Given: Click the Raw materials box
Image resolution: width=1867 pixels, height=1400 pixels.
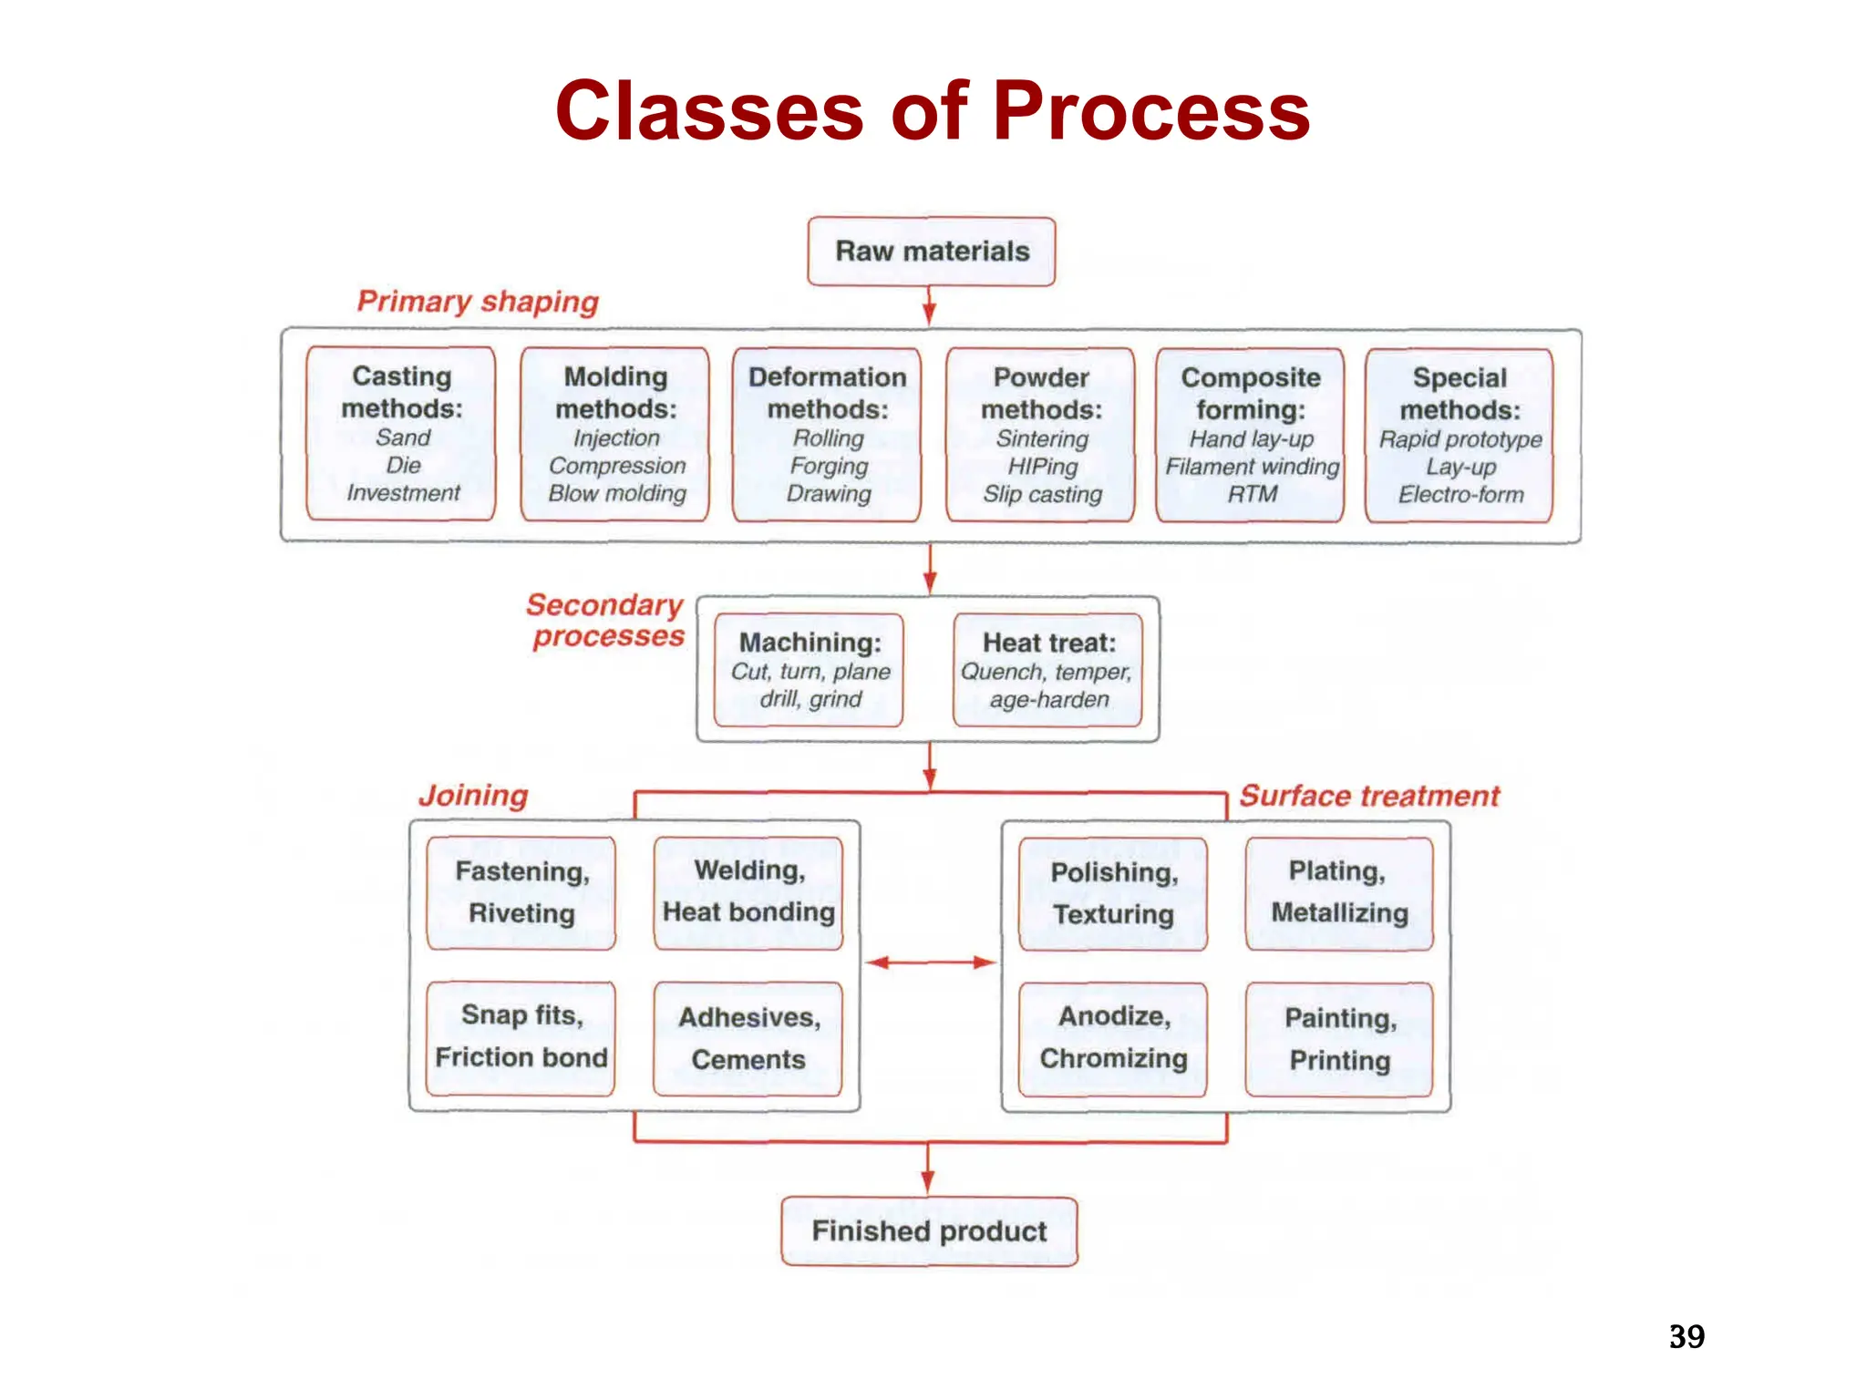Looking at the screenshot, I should [931, 252].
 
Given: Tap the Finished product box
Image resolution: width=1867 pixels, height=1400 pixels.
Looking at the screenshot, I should [929, 1231].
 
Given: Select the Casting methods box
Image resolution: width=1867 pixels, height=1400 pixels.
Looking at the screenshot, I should [401, 433].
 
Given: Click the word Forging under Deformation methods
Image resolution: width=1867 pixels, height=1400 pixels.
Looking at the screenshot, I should [829, 466].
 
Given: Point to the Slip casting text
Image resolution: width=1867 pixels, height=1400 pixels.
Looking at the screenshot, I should [1042, 494].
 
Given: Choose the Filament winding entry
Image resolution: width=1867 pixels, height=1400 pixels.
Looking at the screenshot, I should [1252, 467].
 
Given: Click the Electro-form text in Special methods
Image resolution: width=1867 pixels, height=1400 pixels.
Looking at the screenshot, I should [1460, 495].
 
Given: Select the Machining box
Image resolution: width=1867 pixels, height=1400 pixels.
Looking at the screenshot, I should [810, 670].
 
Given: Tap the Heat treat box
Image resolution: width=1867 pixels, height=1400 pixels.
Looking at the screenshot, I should [1047, 670].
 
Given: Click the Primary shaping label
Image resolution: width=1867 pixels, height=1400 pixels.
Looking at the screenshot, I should [478, 302].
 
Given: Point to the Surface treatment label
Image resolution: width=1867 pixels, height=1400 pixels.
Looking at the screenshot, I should [1369, 796].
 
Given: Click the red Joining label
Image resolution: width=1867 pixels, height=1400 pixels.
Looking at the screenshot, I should [473, 796].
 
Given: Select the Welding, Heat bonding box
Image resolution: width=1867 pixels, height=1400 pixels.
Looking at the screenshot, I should [748, 893].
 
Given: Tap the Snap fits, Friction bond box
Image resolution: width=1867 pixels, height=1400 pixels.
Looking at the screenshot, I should [521, 1038].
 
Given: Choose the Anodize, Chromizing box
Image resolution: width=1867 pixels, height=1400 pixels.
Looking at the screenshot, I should [1113, 1039].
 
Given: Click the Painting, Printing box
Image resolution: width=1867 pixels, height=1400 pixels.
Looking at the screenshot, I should [1339, 1040].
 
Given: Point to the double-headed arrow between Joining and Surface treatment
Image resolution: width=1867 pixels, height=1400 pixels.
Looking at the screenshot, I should [931, 962].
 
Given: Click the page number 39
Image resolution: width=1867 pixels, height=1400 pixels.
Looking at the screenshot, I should [1686, 1336].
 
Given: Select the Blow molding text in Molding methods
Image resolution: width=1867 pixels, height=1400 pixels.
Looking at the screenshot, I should [617, 494].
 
